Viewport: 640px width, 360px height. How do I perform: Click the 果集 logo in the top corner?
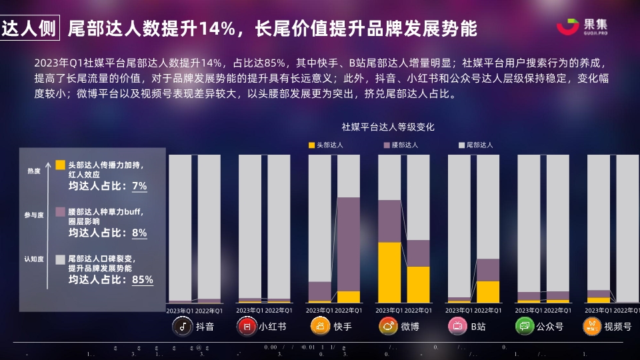click(583, 27)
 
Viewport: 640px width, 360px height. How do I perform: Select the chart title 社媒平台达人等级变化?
click(388, 126)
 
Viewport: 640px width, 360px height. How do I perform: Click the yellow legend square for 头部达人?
click(311, 144)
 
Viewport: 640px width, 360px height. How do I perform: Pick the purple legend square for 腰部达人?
click(386, 144)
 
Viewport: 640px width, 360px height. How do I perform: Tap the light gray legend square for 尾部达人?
click(461, 144)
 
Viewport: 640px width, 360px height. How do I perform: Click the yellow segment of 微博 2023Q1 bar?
click(389, 272)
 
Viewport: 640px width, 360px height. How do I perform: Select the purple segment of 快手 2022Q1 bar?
click(358, 244)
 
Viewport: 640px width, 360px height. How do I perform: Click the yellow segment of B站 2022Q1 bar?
click(488, 291)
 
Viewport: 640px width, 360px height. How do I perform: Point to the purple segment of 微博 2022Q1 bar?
click(419, 253)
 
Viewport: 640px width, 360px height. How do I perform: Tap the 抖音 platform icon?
click(182, 326)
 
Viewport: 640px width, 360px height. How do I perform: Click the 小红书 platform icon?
click(247, 326)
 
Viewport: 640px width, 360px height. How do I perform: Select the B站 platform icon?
click(458, 326)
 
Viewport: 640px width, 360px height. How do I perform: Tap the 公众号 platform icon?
click(525, 326)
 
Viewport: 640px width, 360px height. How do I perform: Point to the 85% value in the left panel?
click(143, 280)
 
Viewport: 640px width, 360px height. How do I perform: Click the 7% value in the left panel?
click(139, 186)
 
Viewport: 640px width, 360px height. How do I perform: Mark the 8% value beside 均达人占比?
click(139, 233)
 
